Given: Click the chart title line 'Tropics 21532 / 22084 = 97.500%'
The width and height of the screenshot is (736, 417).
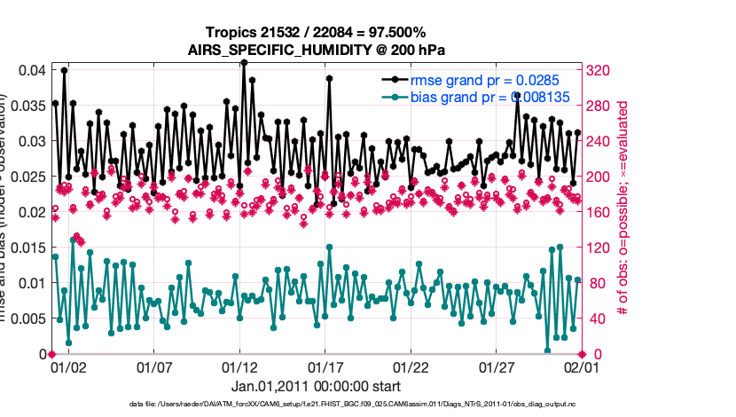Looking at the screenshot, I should pos(317,33).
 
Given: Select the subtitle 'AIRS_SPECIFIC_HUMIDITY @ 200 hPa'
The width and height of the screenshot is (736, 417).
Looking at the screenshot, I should pos(317,49).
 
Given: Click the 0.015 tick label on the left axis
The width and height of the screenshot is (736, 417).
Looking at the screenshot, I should pos(27,248).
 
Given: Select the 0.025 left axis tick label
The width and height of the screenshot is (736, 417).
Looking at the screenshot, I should pos(27,177).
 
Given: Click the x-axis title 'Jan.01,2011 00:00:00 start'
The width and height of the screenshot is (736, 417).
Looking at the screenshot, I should pos(317,386).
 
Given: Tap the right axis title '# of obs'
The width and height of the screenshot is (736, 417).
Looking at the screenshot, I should pos(623,204).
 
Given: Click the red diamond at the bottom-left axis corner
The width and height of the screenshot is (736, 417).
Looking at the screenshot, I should pos(51,354).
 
